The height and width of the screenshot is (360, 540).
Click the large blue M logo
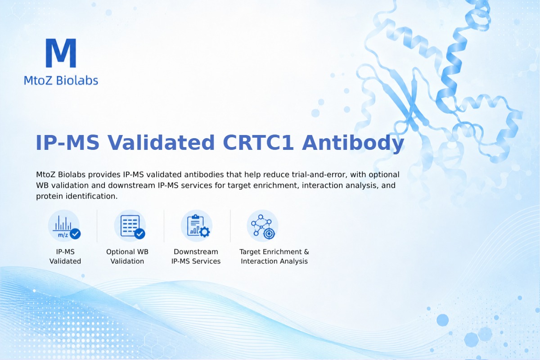tap(61, 53)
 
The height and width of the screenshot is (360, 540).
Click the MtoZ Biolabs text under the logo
tap(61, 80)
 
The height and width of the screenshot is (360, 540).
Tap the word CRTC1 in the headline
tap(258, 143)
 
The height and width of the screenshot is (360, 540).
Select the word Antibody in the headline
tap(353, 144)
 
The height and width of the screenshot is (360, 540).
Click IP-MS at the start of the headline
tap(67, 143)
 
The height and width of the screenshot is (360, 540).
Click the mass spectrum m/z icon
tap(64, 226)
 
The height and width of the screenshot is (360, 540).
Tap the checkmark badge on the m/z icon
tap(75, 234)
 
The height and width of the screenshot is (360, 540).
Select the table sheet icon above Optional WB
tap(130, 226)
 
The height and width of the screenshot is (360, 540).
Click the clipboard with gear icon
tap(197, 226)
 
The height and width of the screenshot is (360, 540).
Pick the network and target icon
tap(262, 226)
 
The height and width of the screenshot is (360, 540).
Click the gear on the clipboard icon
tap(204, 232)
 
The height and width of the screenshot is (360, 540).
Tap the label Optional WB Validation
tap(127, 256)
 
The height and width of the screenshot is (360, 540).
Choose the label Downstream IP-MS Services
tap(196, 256)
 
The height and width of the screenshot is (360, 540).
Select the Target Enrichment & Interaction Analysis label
tap(274, 256)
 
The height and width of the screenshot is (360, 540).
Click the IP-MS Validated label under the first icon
tap(65, 256)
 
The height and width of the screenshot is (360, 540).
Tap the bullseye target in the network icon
tap(269, 234)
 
